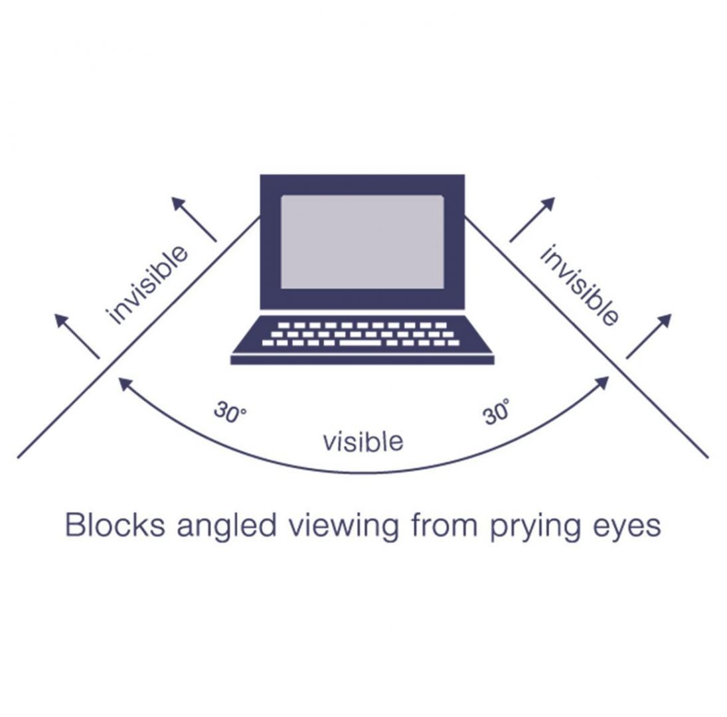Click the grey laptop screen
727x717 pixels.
[362, 242]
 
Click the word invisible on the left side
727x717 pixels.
[147, 285]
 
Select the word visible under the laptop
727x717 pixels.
[363, 440]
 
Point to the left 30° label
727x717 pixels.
[230, 412]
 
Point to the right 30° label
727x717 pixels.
[497, 412]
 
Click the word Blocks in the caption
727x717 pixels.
[114, 526]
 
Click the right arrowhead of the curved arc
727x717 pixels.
[604, 381]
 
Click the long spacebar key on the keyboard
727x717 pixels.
[360, 343]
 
